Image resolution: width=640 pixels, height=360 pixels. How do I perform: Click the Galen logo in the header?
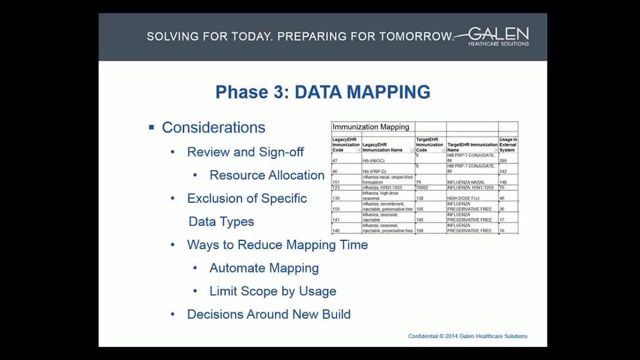coord(498,36)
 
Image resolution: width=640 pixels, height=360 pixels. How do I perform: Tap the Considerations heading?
coord(213,127)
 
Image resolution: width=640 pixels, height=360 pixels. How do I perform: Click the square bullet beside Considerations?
coord(151,127)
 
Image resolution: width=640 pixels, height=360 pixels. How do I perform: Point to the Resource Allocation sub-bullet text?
coord(267,175)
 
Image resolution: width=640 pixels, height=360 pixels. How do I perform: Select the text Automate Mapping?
coord(264,268)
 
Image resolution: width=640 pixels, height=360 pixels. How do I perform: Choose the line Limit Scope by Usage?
coord(272,291)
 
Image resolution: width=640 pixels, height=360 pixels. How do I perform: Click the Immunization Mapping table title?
coord(371,127)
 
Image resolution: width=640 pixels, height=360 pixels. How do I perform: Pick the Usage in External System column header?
coord(507,144)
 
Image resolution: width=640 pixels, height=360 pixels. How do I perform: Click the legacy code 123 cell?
coord(336,187)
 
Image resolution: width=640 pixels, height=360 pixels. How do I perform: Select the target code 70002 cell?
coord(422,187)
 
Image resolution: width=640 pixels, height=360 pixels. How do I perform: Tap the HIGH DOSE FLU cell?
coord(463,198)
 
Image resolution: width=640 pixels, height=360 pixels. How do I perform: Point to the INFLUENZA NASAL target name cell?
coord(465,182)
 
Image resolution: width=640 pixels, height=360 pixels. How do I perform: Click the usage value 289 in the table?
coord(503,161)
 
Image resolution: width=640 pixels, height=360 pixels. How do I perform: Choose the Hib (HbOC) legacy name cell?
coord(373,161)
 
